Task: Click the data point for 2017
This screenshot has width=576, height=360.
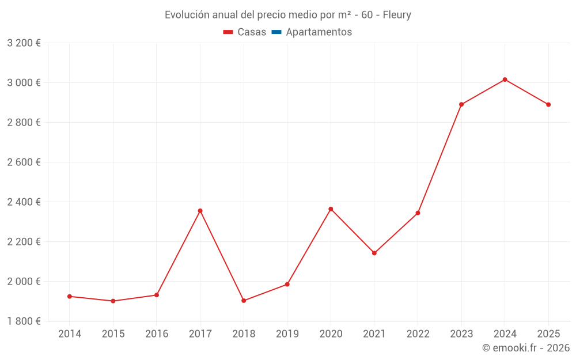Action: click(x=200, y=211)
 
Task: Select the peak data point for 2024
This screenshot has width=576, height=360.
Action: click(x=505, y=79)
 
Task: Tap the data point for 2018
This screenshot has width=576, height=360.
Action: click(x=244, y=301)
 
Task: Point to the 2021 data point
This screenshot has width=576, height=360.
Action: click(x=374, y=253)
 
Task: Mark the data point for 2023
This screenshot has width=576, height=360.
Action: click(x=461, y=104)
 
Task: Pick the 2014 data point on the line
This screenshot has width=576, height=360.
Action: click(x=70, y=296)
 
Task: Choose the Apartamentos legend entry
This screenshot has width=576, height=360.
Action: click(x=319, y=32)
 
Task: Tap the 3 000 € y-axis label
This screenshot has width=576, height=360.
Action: click(x=24, y=83)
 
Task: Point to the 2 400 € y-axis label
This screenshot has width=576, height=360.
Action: click(x=24, y=202)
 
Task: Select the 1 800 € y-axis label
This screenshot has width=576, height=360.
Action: click(x=24, y=321)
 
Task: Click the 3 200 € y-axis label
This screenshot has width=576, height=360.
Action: click(x=24, y=43)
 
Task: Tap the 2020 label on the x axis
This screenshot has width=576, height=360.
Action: click(x=331, y=334)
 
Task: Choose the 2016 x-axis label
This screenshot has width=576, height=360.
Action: click(x=157, y=334)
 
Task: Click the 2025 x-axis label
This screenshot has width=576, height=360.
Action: click(x=548, y=334)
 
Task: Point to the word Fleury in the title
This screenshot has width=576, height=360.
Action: click(x=397, y=15)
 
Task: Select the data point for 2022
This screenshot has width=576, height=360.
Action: click(x=418, y=213)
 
